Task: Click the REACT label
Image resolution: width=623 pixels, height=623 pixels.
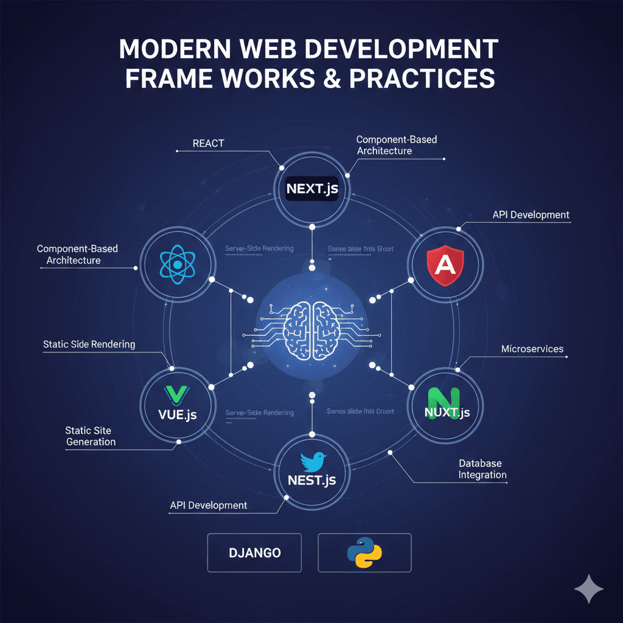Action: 208,144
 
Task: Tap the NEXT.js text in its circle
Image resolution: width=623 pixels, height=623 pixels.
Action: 311,189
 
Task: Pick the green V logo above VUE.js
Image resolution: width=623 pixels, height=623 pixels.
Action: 175,394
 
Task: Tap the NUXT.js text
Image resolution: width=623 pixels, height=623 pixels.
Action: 447,412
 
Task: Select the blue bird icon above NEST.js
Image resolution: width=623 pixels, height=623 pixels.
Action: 311,462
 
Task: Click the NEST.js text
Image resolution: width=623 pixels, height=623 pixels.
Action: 311,481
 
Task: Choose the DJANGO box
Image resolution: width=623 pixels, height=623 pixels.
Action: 255,553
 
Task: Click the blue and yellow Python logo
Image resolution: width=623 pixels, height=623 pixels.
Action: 364,553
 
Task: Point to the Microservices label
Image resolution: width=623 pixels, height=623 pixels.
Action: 532,349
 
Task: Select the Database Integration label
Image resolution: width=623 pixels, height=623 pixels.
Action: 482,469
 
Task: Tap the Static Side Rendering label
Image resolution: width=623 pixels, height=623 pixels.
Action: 89,344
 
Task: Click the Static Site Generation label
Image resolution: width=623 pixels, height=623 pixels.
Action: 91,436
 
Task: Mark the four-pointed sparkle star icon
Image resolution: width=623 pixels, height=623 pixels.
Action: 589,589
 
